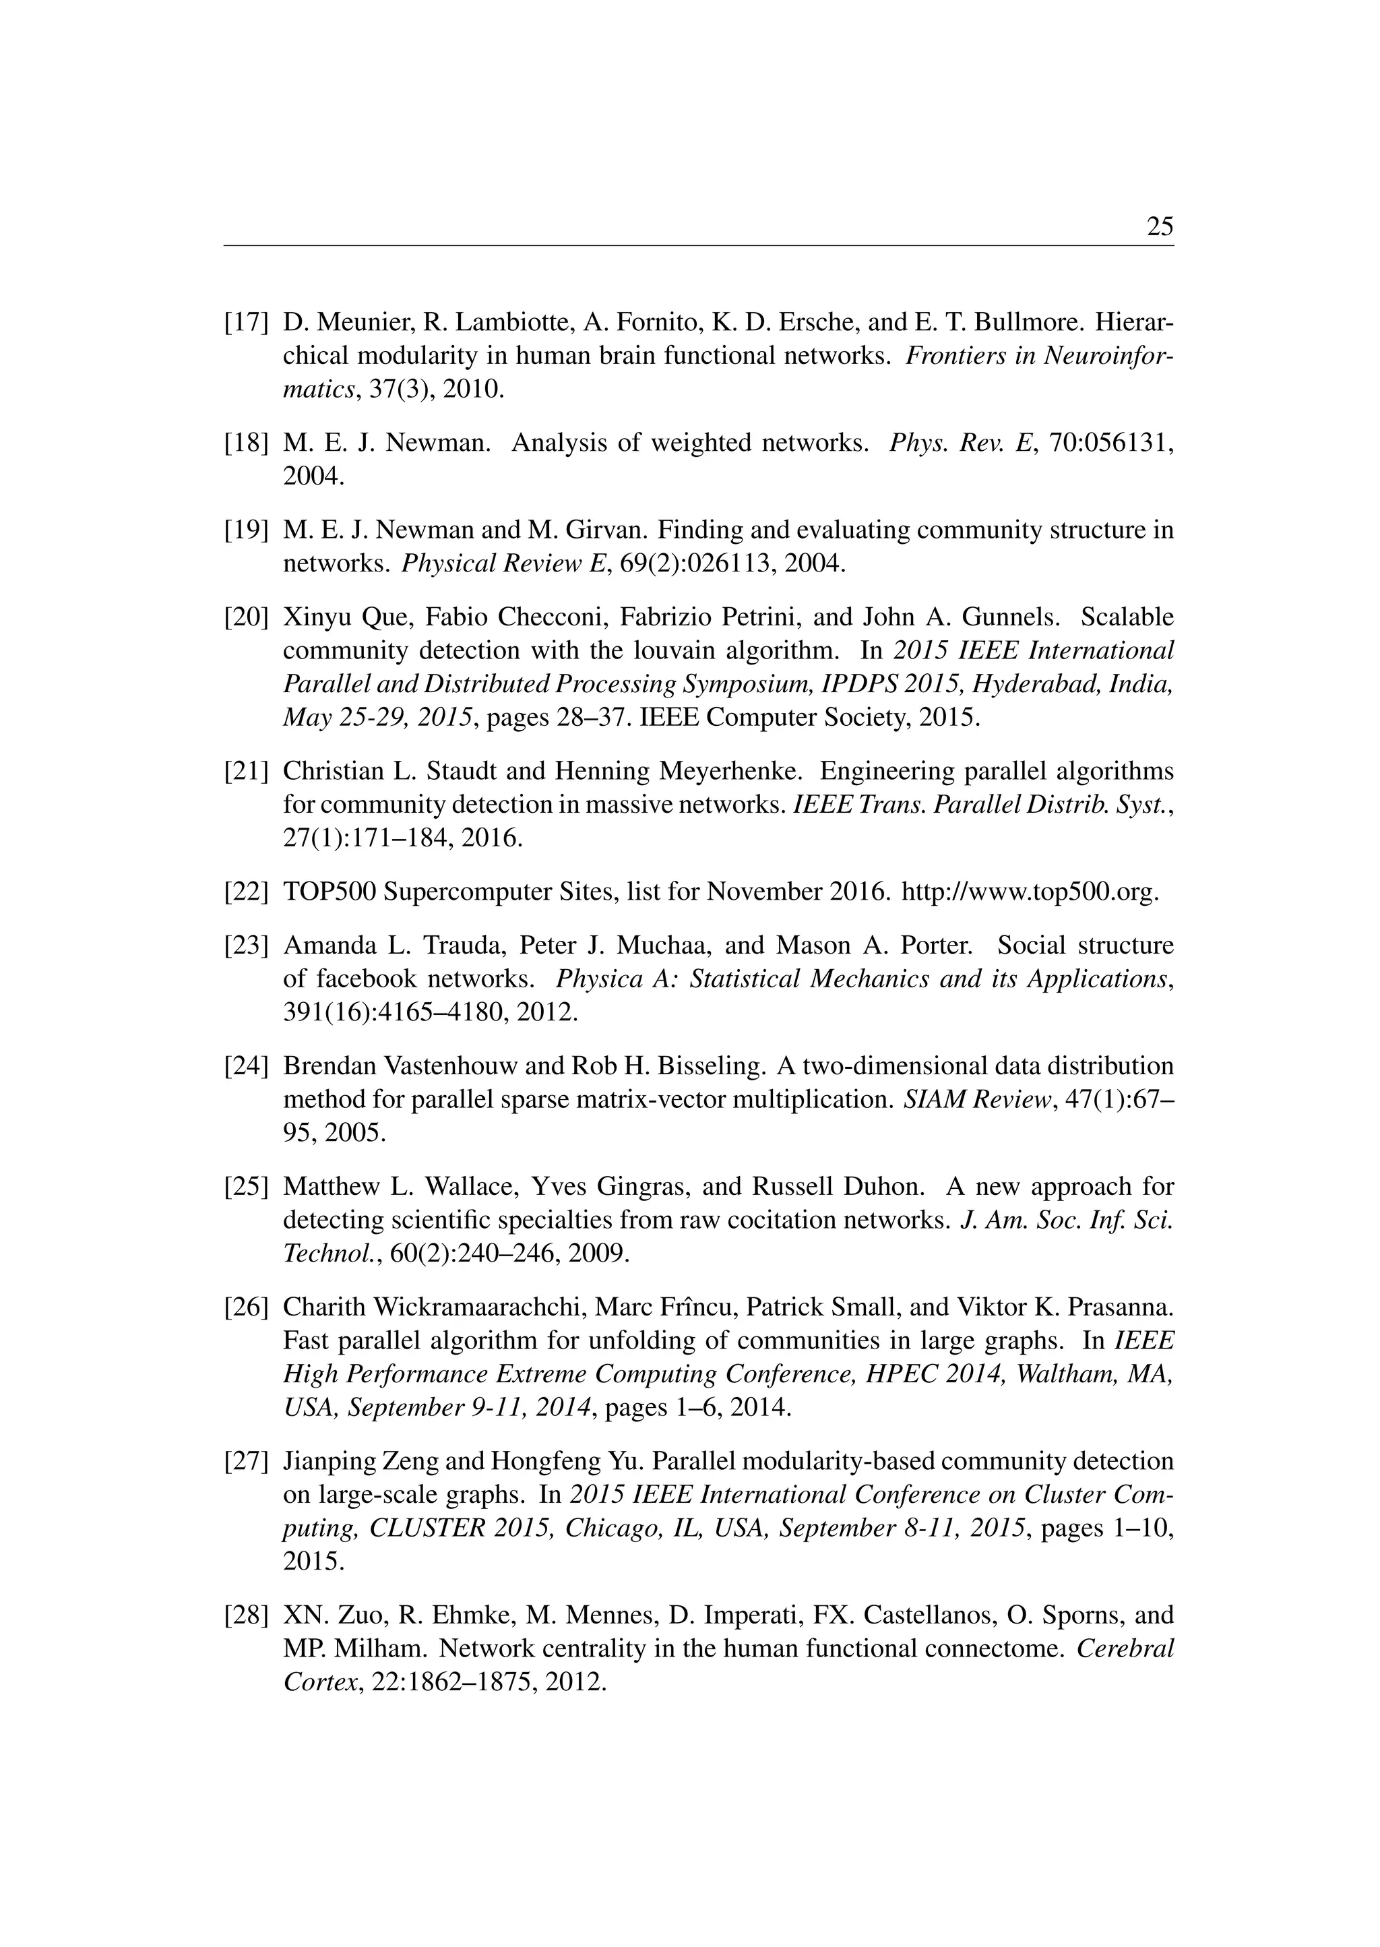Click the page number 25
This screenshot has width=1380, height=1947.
click(x=1159, y=227)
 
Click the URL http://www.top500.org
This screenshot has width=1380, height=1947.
click(x=1029, y=892)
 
